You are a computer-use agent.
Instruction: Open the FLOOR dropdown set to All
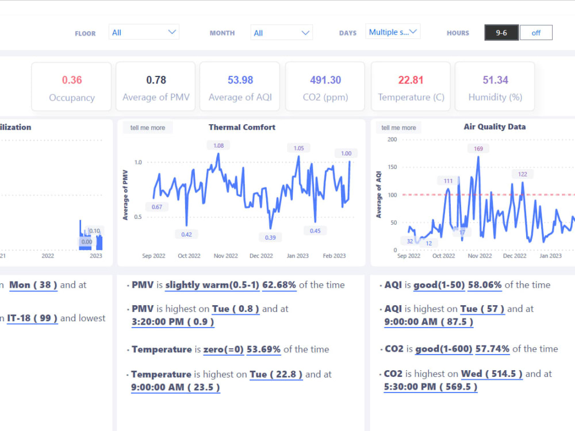144,32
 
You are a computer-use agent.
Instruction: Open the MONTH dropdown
281,33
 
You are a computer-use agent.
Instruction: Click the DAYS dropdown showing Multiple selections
393,32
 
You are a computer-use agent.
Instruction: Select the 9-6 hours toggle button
501,33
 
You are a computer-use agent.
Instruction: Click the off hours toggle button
536,33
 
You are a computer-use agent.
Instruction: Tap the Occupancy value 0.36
72,80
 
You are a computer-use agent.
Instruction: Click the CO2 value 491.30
325,80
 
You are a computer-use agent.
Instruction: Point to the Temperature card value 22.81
411,80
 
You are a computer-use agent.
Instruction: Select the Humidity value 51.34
495,80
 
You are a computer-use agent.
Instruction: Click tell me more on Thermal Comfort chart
148,128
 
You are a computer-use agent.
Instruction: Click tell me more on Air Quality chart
398,128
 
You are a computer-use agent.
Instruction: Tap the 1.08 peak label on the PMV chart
218,146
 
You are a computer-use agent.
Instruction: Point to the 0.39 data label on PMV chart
270,237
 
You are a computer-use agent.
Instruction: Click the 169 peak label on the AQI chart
478,149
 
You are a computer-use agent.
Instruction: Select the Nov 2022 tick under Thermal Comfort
225,256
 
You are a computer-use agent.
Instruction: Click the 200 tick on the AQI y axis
392,140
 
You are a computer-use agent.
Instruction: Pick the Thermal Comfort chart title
242,127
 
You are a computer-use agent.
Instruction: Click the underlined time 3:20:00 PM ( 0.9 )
173,322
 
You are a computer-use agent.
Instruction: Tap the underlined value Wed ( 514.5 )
492,374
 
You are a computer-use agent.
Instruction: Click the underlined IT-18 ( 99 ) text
32,318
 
